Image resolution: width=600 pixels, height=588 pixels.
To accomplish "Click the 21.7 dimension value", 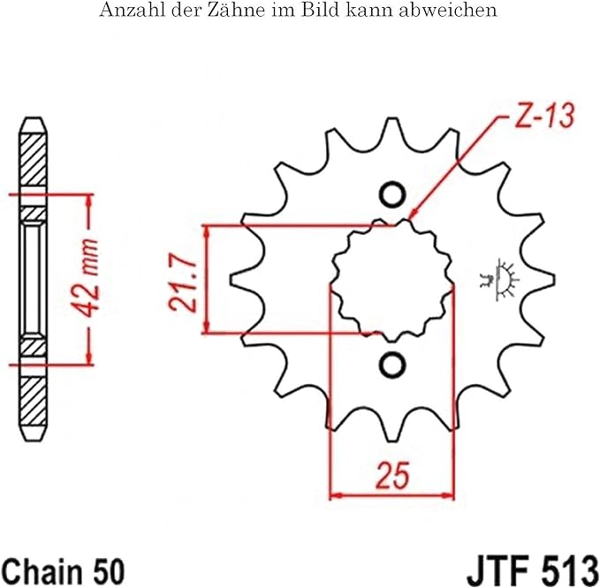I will coord(182,281).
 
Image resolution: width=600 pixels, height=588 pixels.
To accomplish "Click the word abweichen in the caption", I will coord(457,11).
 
